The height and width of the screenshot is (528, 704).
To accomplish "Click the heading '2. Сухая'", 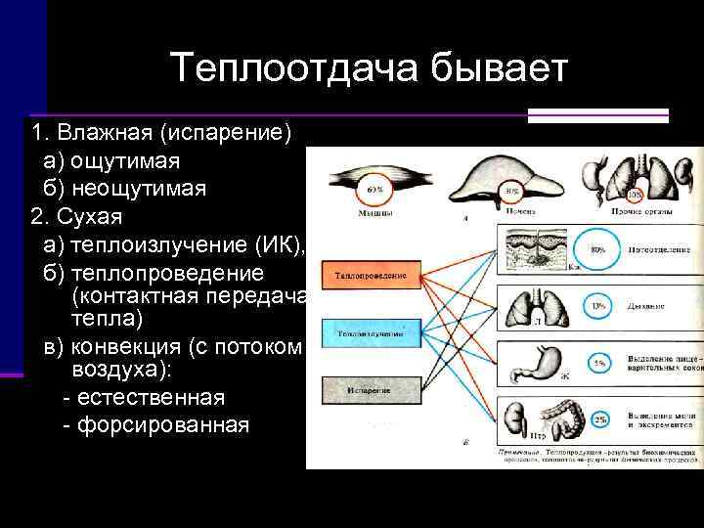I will pyautogui.click(x=77, y=214).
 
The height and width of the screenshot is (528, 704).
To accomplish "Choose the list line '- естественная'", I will pyautogui.click(x=143, y=398).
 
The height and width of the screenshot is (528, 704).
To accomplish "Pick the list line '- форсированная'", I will pyautogui.click(x=154, y=425).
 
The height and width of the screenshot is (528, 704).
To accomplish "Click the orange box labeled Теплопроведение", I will pyautogui.click(x=372, y=277).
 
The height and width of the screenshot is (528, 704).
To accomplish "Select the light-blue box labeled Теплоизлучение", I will pyautogui.click(x=372, y=333).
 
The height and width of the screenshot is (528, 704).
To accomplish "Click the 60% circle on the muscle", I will pyautogui.click(x=373, y=190).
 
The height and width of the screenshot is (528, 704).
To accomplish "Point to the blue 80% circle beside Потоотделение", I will pyautogui.click(x=597, y=249).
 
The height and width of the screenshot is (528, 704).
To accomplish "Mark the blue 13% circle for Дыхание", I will pyautogui.click(x=597, y=306).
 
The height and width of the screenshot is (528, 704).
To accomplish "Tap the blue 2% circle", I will pyautogui.click(x=597, y=418).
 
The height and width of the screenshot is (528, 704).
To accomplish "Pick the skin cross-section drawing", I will pyautogui.click(x=537, y=247).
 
